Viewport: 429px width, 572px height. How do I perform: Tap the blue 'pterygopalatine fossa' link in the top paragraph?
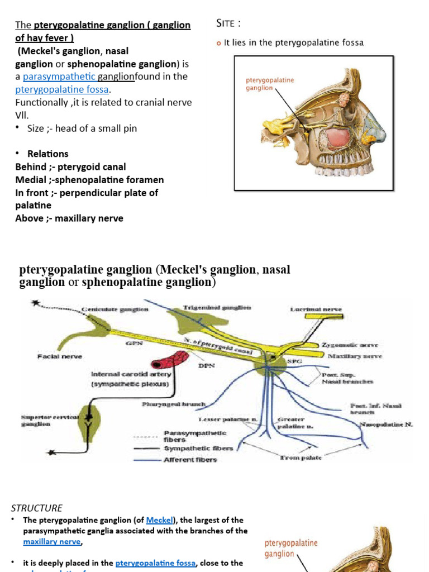point(63,89)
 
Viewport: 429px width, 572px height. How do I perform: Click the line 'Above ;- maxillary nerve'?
point(69,218)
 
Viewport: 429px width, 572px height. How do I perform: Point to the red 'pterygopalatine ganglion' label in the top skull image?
point(270,84)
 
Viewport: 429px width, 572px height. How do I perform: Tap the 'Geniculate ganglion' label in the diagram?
point(115,309)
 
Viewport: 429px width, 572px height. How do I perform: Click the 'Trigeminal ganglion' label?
point(217,307)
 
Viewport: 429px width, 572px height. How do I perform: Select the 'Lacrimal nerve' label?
point(316,309)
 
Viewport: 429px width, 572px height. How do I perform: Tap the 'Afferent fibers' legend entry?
point(190,460)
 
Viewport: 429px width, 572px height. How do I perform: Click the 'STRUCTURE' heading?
point(37,508)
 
